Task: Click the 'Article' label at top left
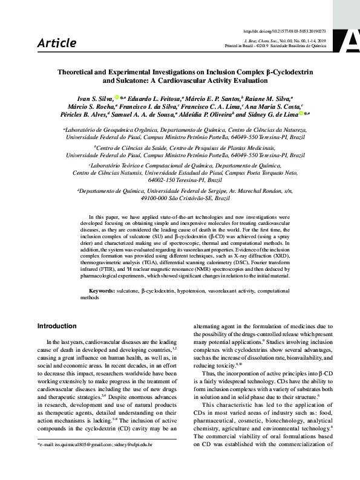[x=57, y=43]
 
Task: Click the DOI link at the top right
[x=284, y=30]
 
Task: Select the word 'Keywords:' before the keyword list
[x=114, y=291]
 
